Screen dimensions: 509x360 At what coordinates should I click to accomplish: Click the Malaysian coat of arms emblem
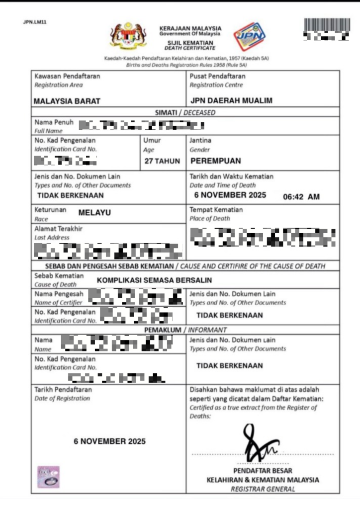(128, 35)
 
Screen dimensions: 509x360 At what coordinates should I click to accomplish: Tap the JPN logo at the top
(250, 36)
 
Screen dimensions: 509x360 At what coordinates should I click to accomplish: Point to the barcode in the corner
(327, 25)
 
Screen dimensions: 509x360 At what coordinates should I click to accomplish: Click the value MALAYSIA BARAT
(67, 101)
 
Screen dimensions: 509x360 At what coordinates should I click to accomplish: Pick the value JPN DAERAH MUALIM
(231, 100)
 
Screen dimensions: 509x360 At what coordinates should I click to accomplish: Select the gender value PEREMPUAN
(215, 161)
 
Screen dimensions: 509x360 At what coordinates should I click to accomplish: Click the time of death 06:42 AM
(301, 197)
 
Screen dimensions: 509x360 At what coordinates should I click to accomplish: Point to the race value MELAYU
(94, 213)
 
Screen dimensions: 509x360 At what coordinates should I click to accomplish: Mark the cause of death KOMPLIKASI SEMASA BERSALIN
(154, 280)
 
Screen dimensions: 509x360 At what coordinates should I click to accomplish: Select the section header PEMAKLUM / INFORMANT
(185, 330)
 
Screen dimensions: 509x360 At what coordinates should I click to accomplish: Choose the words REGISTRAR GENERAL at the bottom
(263, 489)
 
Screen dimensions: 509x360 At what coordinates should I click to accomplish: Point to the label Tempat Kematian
(216, 210)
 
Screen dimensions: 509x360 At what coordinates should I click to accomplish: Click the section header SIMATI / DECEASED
(185, 113)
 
